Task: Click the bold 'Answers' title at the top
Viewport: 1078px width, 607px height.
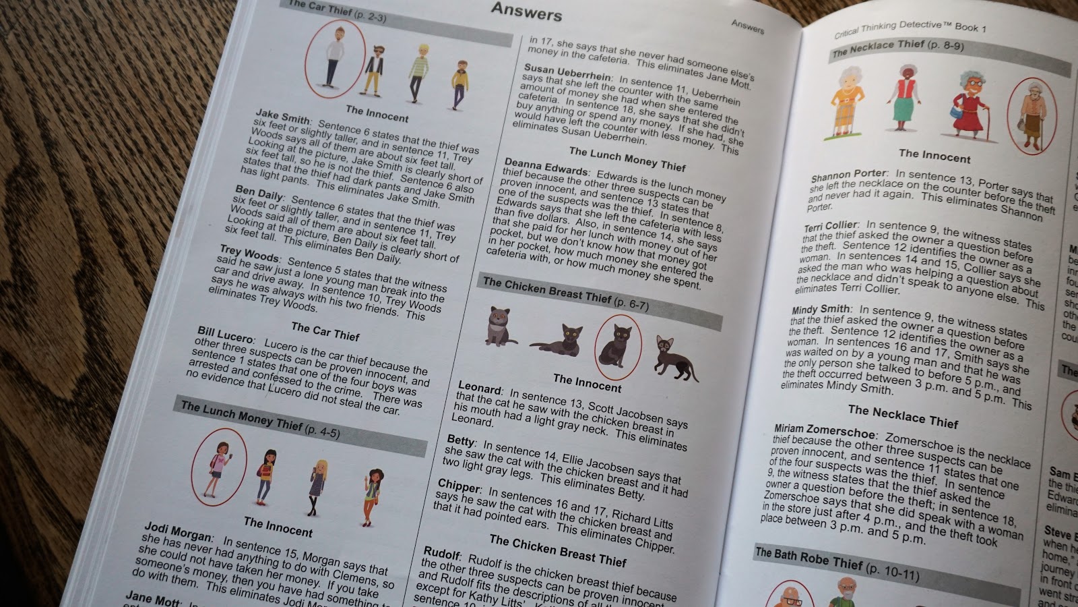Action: [526, 11]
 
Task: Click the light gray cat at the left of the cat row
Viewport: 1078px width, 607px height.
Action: [499, 326]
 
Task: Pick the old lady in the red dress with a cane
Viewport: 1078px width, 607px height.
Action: [970, 107]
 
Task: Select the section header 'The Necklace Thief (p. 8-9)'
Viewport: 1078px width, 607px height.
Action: [898, 48]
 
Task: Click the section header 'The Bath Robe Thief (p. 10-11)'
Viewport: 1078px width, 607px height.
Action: [837, 565]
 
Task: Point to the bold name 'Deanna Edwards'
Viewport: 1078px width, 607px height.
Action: [546, 167]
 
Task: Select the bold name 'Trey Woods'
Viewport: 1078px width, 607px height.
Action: [249, 254]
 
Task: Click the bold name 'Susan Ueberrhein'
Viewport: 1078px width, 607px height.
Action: [567, 73]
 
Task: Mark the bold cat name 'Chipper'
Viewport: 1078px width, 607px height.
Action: [459, 486]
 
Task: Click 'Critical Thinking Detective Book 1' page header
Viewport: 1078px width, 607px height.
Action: [910, 28]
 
